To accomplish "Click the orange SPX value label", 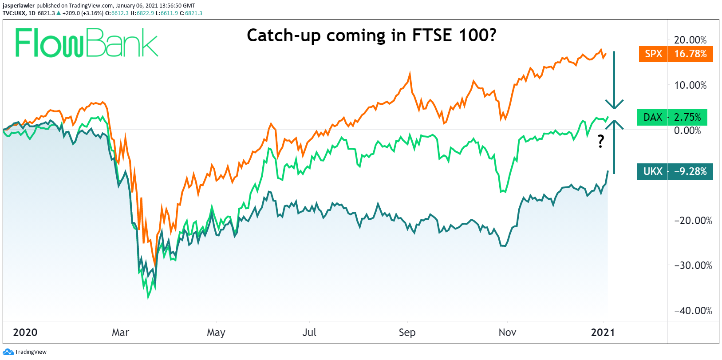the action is (676, 54).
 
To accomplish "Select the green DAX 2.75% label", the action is (672, 117).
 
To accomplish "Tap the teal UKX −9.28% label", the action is (675, 171).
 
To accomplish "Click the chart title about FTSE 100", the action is (371, 35).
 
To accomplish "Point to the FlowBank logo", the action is (87, 43).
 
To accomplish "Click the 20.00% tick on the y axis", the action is (690, 40).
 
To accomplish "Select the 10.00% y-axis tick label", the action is (690, 85).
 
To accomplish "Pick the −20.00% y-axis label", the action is (693, 221).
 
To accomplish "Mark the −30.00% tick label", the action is (693, 265).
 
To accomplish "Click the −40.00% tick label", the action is (693, 311).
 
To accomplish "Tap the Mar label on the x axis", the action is (120, 332).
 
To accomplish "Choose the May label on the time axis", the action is (216, 332).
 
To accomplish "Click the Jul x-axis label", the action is (309, 332).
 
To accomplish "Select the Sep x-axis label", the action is (407, 332).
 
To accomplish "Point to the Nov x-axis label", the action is (507, 332).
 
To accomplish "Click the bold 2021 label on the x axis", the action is (603, 332).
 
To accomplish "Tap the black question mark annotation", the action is (601, 141).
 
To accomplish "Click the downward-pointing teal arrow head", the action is (614, 104).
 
